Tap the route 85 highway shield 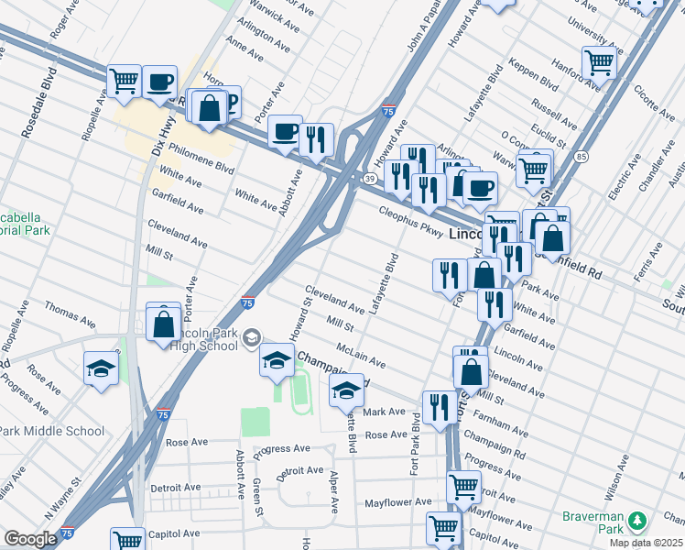(582, 158)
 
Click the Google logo (29, 539)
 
